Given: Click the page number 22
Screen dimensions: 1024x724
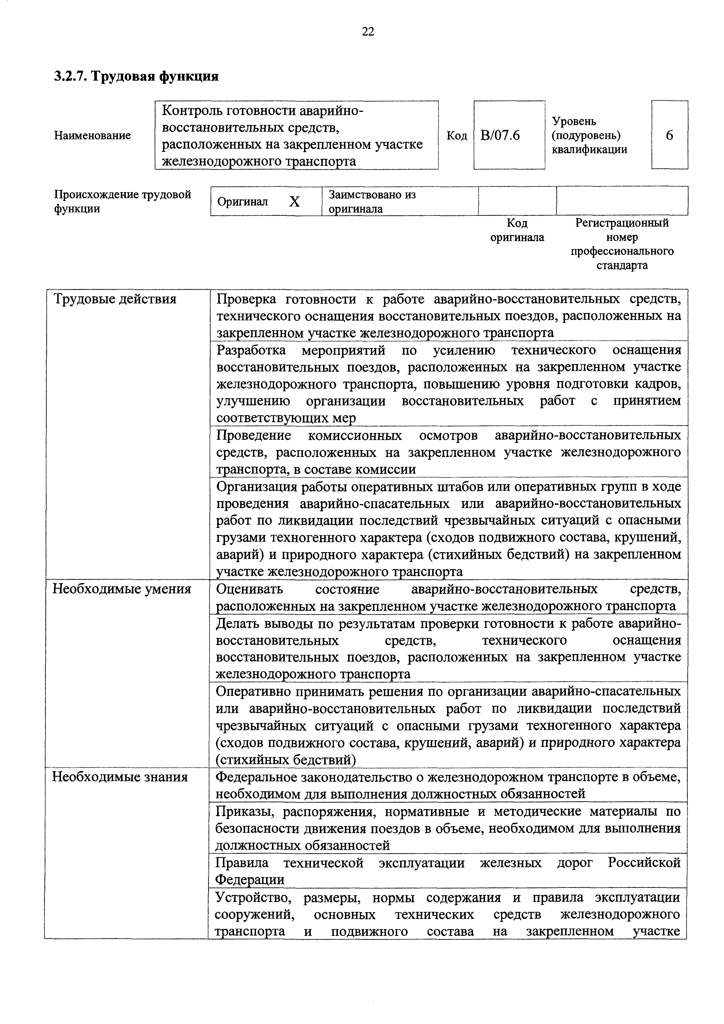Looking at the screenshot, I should (368, 31).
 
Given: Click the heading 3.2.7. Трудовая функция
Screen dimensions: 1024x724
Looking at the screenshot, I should (136, 76).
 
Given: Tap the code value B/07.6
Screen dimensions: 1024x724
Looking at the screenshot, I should (500, 135).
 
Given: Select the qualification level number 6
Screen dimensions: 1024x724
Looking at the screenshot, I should (670, 135).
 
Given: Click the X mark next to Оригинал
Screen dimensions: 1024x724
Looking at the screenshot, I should (294, 202).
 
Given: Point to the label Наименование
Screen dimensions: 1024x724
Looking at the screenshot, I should (92, 135).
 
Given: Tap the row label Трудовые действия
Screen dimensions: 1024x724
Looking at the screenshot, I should (115, 299).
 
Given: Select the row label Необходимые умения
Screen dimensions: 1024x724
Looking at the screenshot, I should (122, 589).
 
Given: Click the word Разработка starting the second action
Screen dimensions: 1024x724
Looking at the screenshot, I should (251, 350).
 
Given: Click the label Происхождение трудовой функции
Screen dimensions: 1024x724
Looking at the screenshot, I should (123, 201).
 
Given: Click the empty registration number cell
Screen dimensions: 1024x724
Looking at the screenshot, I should (622, 201).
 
